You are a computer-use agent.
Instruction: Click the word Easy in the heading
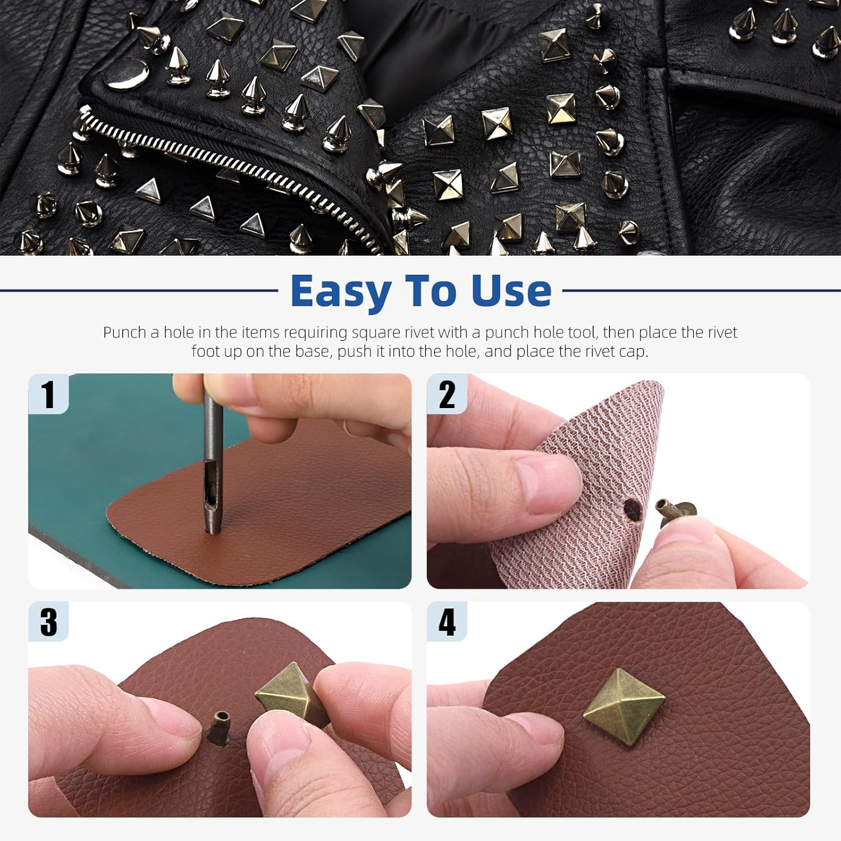tap(341, 292)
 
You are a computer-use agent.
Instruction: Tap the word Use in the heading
tap(511, 292)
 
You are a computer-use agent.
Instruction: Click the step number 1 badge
tap(48, 394)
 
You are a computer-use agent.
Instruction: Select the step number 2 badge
tap(447, 394)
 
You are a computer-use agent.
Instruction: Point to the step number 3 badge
tap(48, 622)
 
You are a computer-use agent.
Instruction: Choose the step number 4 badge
tap(447, 622)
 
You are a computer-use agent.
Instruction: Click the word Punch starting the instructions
tap(124, 332)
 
